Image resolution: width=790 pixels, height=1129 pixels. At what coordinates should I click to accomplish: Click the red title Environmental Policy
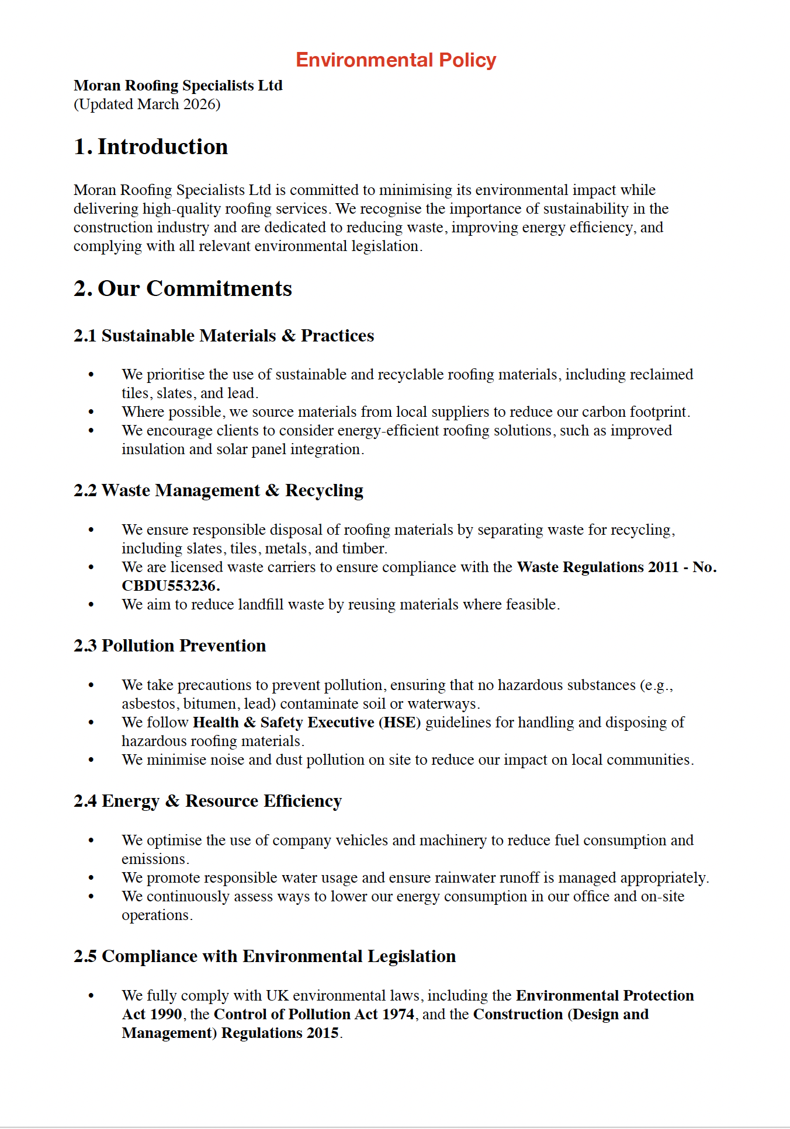tap(396, 60)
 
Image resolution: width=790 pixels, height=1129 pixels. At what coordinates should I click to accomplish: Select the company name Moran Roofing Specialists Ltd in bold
tap(178, 85)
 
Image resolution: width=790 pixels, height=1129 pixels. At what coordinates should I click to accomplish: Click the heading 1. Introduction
tap(151, 147)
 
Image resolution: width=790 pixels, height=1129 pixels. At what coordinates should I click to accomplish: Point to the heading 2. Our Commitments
tap(182, 288)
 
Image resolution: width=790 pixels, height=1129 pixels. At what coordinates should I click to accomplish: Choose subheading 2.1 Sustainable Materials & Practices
tap(224, 336)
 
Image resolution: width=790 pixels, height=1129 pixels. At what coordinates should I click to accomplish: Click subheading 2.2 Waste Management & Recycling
tap(218, 490)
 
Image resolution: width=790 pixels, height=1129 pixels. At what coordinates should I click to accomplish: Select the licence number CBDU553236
tap(169, 586)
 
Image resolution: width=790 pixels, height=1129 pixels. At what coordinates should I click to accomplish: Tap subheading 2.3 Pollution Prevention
tap(169, 646)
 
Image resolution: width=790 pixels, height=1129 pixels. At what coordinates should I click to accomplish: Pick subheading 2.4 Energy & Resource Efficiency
tap(207, 801)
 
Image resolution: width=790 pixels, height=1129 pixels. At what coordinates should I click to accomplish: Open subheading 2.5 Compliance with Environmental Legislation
tap(265, 956)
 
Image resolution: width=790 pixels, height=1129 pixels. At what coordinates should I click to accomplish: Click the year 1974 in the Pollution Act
tap(398, 1015)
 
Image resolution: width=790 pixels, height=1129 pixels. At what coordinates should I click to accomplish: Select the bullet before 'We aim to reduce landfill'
tap(91, 605)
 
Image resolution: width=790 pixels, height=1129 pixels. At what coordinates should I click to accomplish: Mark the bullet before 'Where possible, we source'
tap(91, 412)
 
